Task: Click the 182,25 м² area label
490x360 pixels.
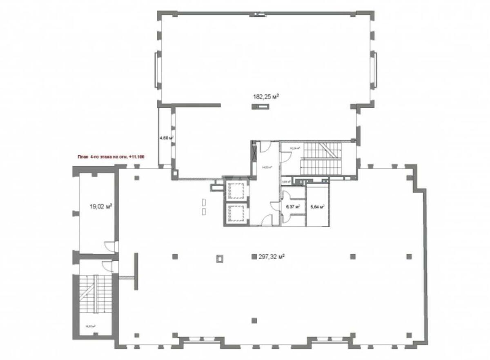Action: tap(266, 97)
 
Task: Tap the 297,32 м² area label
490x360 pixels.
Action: tap(272, 257)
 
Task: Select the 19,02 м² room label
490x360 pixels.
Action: tap(101, 207)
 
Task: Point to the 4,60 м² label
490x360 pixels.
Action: tap(167, 138)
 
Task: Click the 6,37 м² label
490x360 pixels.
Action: tap(294, 207)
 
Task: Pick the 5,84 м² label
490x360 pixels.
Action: tap(317, 207)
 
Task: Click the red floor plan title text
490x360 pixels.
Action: tap(111, 156)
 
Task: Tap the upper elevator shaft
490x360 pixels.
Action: tap(236, 190)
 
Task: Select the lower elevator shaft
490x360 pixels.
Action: tap(236, 213)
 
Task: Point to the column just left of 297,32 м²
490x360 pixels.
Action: tap(254, 257)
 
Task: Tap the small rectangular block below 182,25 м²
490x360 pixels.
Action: tap(260, 107)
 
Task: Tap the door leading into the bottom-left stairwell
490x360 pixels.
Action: tap(107, 266)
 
